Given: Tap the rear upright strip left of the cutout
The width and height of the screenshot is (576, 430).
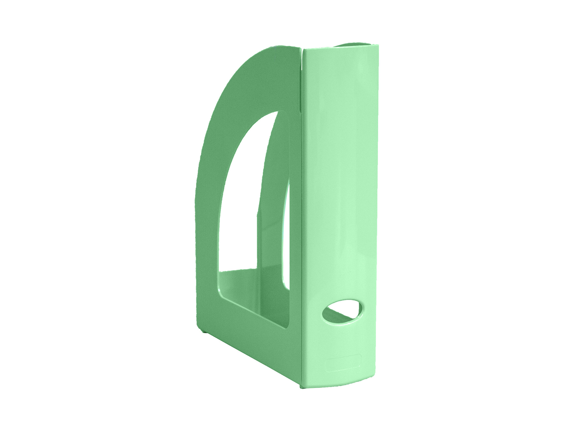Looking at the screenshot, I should coord(207,221).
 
